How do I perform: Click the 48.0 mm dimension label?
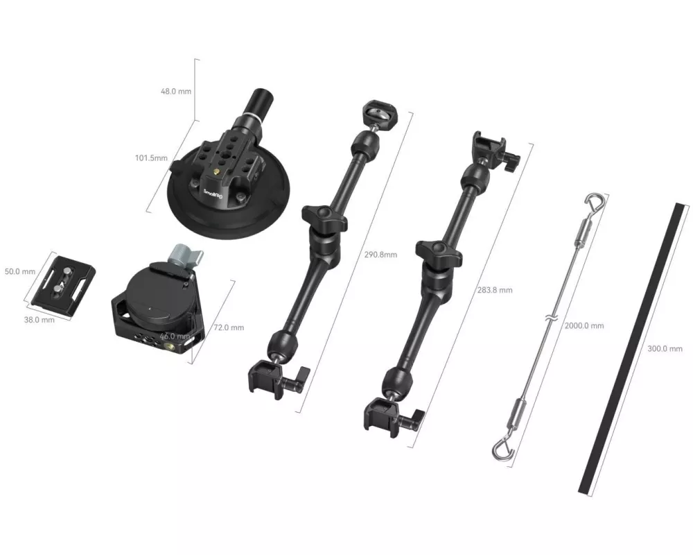click(176, 91)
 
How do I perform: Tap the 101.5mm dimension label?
click(151, 157)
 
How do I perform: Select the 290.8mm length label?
click(380, 255)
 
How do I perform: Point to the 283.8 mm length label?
click(495, 291)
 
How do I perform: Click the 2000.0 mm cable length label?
click(584, 326)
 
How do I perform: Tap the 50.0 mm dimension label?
click(20, 271)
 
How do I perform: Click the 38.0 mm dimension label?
click(40, 320)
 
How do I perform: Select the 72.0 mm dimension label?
click(229, 327)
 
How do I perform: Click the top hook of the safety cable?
click(593, 202)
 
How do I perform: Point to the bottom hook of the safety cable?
click(502, 447)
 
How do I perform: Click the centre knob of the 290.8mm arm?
click(324, 215)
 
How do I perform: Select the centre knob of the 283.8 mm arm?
click(439, 250)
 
